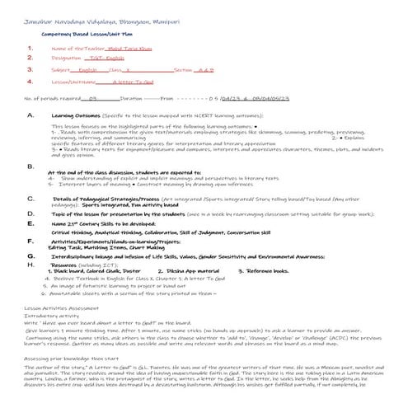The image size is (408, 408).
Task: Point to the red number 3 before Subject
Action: [x=30, y=71]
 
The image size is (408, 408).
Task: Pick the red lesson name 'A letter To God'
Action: [x=131, y=82]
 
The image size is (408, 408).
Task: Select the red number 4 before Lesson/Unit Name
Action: [x=30, y=82]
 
